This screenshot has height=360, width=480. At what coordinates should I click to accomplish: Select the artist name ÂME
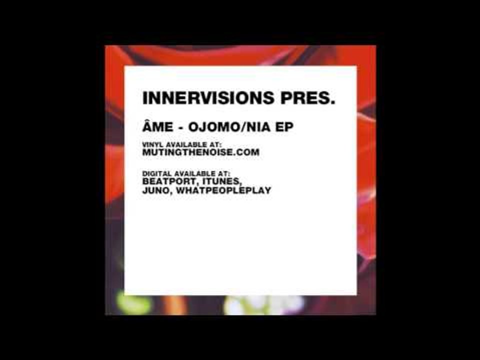(155, 127)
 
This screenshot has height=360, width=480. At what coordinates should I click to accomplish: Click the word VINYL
(151, 144)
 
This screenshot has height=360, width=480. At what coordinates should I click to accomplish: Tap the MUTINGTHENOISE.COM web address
(200, 152)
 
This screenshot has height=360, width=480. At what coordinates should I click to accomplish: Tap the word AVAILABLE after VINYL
(185, 144)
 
